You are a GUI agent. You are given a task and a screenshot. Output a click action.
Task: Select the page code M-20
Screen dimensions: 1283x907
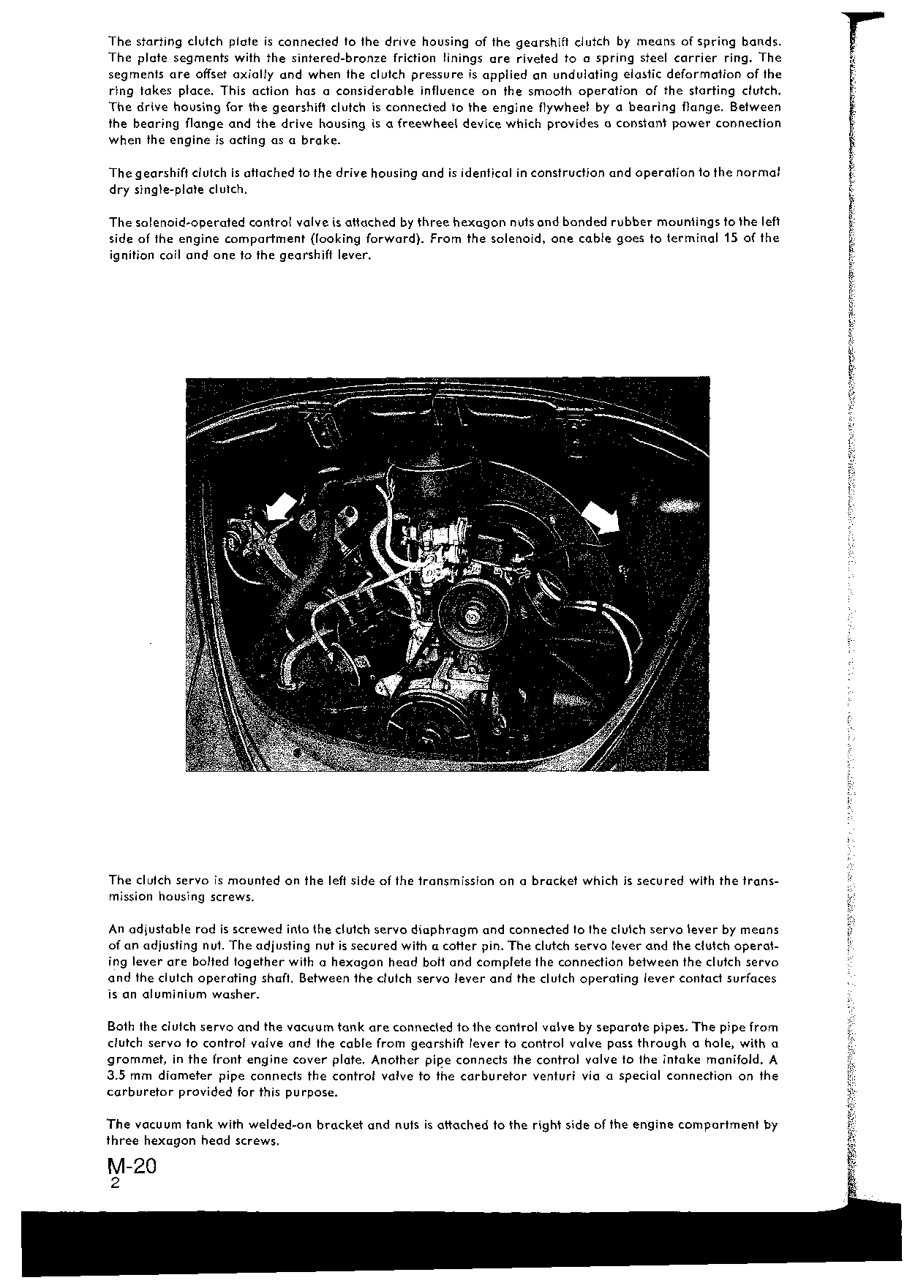132,1166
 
